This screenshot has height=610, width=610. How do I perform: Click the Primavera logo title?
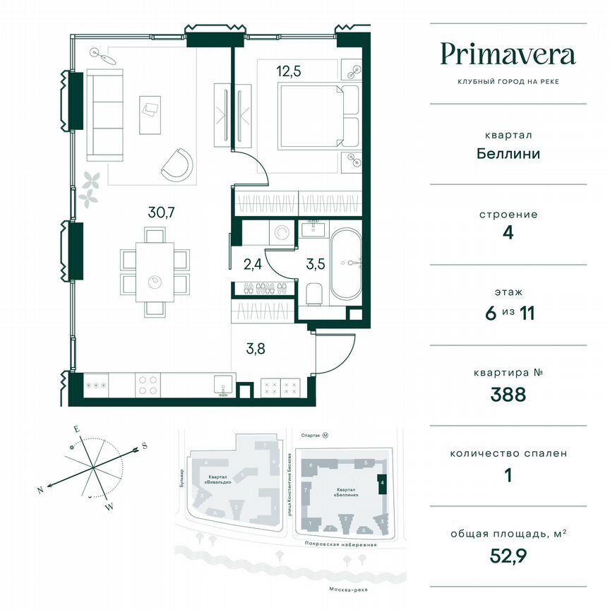click(508, 54)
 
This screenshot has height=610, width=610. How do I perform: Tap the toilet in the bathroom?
click(314, 292)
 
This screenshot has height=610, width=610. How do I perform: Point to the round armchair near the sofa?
click(177, 165)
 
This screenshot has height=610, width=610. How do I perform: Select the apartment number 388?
click(508, 394)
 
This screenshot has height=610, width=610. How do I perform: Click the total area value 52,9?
click(508, 556)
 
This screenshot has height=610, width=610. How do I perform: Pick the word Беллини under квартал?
click(508, 153)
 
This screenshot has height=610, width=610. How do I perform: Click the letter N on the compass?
click(41, 489)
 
